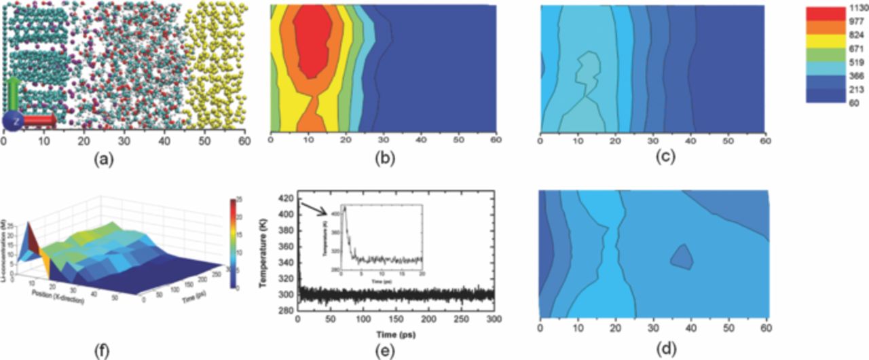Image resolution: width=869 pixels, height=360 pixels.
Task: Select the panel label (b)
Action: [384, 161]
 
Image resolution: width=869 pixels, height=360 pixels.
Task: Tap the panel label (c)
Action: [653, 161]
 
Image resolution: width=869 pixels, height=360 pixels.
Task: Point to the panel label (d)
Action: [654, 351]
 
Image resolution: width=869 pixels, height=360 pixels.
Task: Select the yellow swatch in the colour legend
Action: [824, 46]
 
